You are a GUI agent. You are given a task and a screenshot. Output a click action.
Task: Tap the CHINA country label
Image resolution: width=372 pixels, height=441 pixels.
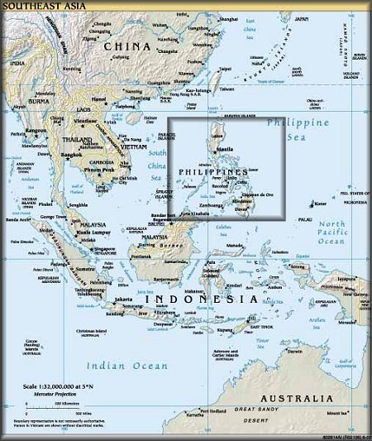[127, 46]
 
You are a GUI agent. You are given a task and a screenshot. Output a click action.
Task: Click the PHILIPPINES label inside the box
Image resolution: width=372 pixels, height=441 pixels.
[212, 171]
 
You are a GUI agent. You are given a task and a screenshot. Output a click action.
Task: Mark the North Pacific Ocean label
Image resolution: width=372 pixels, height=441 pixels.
[332, 232]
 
